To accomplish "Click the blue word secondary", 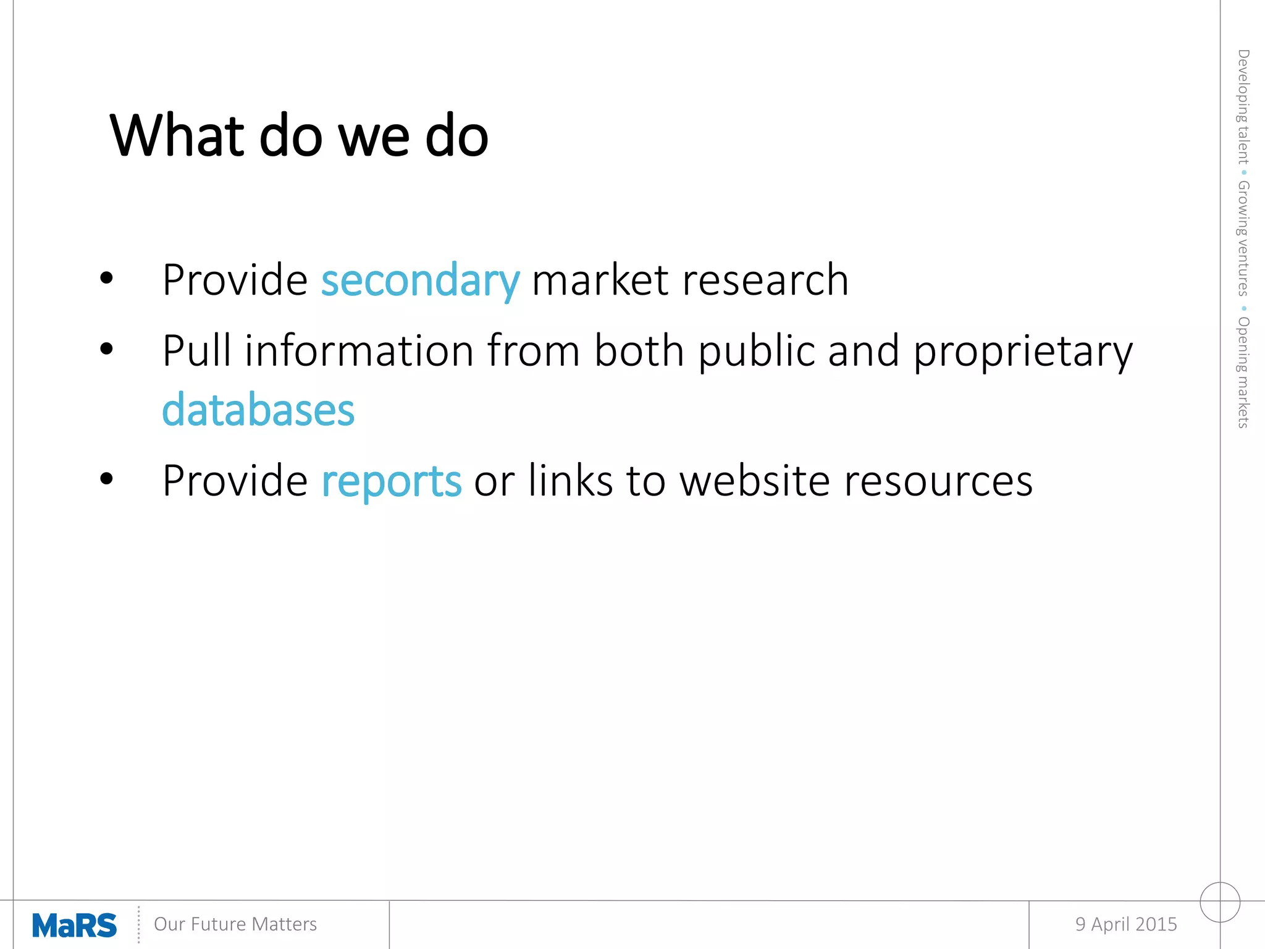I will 420,281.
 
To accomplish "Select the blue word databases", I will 258,411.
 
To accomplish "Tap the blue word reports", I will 391,482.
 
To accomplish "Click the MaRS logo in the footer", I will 74,926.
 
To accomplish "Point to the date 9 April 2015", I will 1125,924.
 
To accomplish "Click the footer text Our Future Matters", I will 235,924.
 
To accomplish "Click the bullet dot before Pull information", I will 106,349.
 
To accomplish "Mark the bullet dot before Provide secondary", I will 106,278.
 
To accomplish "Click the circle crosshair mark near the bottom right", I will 1220,902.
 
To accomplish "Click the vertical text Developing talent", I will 1243,106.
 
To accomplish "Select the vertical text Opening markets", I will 1243,372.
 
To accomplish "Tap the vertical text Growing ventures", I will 1243,238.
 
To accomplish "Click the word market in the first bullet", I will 600,281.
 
